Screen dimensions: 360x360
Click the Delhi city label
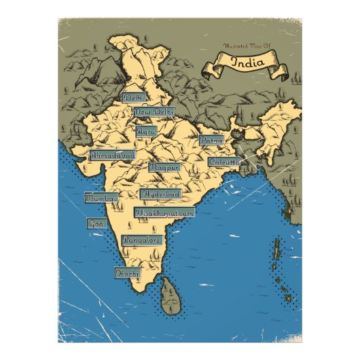(x=133, y=98)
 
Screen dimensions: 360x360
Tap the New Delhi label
(x=154, y=111)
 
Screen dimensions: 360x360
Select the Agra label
(x=146, y=130)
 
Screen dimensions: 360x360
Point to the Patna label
(x=211, y=141)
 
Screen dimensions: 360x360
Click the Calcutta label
(x=224, y=163)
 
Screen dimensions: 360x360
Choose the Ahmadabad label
(x=112, y=155)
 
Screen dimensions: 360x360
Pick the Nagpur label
(x=164, y=166)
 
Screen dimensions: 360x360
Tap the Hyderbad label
(x=161, y=194)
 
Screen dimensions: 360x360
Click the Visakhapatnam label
(x=164, y=213)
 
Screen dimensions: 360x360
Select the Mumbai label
(x=101, y=198)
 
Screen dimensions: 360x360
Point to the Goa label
(x=95, y=223)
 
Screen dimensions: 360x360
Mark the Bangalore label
(x=141, y=240)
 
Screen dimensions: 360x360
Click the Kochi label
(x=127, y=273)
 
